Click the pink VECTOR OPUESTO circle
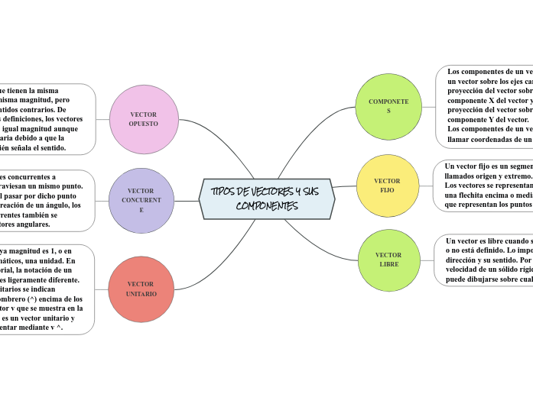pyautogui.click(x=143, y=118)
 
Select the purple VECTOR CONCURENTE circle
pyautogui.click(x=141, y=201)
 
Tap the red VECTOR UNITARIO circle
pyautogui.click(x=141, y=289)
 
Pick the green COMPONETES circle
pyautogui.click(x=388, y=106)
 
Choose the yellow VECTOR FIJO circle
pyautogui.click(x=388, y=186)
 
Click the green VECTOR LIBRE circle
pyautogui.click(x=389, y=260)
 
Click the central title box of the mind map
pyautogui.click(x=266, y=198)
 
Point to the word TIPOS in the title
pyautogui.click(x=223, y=191)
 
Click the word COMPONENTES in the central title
pyautogui.click(x=267, y=206)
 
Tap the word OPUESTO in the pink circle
pyautogui.click(x=143, y=124)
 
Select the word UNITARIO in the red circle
pyautogui.click(x=141, y=294)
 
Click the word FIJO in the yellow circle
pyautogui.click(x=388, y=190)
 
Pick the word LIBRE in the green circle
pyautogui.click(x=389, y=264)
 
